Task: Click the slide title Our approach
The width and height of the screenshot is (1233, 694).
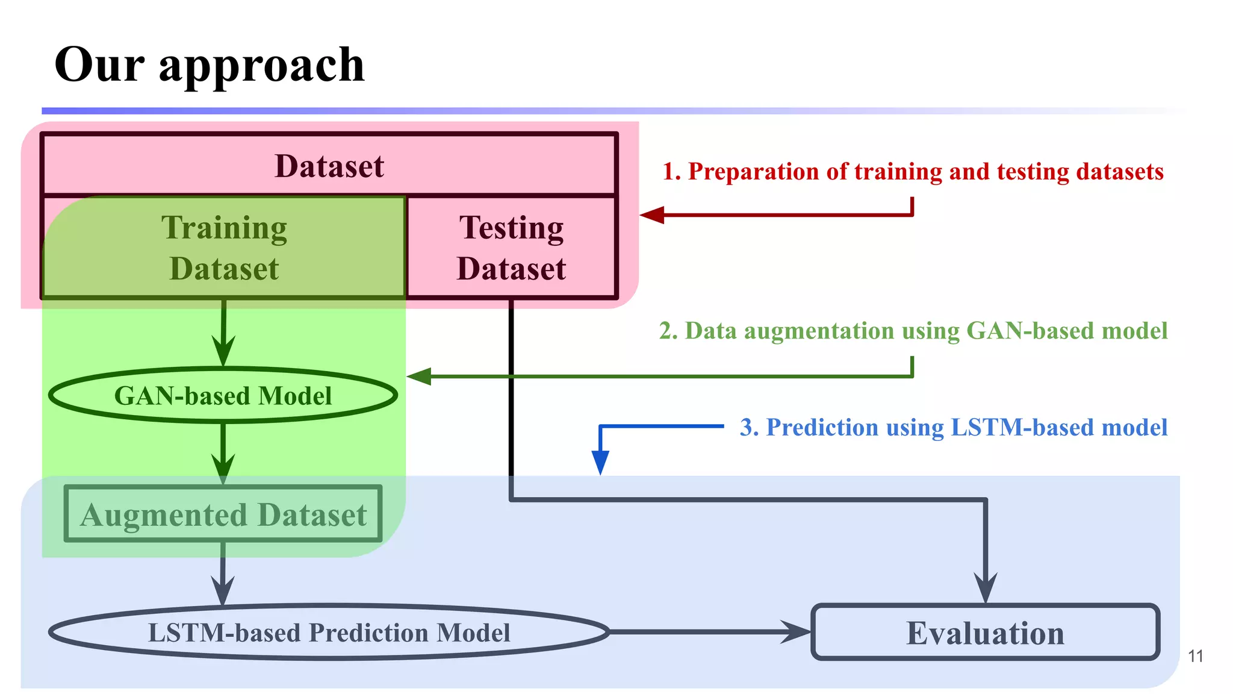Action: click(x=210, y=64)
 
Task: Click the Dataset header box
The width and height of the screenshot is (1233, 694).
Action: click(x=329, y=166)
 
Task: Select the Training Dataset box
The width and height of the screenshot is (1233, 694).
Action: click(x=224, y=248)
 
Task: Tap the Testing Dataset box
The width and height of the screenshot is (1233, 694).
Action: click(x=512, y=248)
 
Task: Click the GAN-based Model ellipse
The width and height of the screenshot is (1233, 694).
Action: click(x=223, y=396)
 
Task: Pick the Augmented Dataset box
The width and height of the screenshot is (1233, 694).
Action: click(x=223, y=514)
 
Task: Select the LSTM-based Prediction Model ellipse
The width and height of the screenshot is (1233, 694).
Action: click(x=329, y=633)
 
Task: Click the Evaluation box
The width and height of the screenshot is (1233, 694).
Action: click(x=985, y=633)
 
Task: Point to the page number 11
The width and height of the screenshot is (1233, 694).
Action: click(x=1196, y=656)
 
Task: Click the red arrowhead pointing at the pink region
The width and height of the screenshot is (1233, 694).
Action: click(x=653, y=215)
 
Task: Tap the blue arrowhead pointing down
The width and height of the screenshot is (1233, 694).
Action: click(x=600, y=461)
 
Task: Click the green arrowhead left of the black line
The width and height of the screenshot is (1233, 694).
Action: click(x=420, y=377)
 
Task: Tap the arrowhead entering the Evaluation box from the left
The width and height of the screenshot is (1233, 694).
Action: click(x=796, y=632)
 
